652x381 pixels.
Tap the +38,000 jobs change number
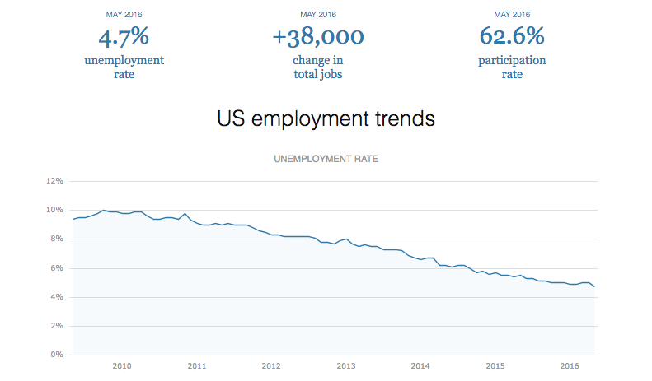pos(317,37)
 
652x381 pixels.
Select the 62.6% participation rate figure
pos(512,37)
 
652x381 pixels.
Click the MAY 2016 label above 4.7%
pos(124,15)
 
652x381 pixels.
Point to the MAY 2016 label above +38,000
pos(317,15)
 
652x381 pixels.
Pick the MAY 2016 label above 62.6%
pos(512,15)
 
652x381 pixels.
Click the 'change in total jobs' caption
pos(317,67)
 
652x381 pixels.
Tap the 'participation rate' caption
pos(512,67)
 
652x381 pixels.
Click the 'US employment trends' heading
pos(326,118)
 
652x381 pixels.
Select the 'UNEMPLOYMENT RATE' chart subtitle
pos(326,159)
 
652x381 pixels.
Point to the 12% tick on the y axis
pos(54,181)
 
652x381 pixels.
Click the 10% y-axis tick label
pos(54,210)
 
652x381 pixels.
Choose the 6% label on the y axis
pos(56,268)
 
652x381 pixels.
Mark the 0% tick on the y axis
pos(56,355)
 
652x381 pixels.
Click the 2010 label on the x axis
pos(122,366)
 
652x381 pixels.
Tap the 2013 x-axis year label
pos(346,366)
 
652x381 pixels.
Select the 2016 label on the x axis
pos(570,366)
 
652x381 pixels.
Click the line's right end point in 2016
pos(595,286)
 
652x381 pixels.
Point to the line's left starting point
pos(73,219)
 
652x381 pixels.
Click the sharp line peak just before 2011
pos(185,213)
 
